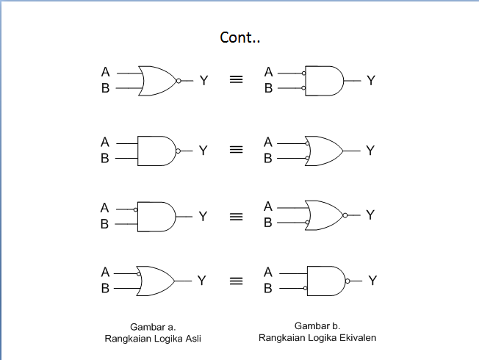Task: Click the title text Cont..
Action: click(x=239, y=37)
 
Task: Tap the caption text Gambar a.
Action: click(x=153, y=327)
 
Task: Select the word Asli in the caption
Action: click(x=193, y=339)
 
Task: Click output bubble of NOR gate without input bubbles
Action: click(x=179, y=81)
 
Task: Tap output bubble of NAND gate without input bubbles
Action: click(x=178, y=151)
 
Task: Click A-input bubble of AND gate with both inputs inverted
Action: click(x=303, y=73)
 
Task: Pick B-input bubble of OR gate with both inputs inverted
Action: click(x=307, y=158)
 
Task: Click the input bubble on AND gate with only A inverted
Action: click(x=136, y=209)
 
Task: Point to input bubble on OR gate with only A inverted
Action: click(x=139, y=274)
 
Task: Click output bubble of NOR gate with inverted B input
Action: click(x=345, y=215)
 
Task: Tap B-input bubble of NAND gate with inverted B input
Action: click(x=305, y=288)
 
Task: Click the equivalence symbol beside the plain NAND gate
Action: click(x=236, y=149)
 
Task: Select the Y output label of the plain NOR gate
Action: click(x=204, y=81)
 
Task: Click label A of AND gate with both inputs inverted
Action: click(x=269, y=72)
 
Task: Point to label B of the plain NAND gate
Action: click(x=105, y=158)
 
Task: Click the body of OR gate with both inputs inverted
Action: click(x=324, y=151)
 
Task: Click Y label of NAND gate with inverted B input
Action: click(x=372, y=281)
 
